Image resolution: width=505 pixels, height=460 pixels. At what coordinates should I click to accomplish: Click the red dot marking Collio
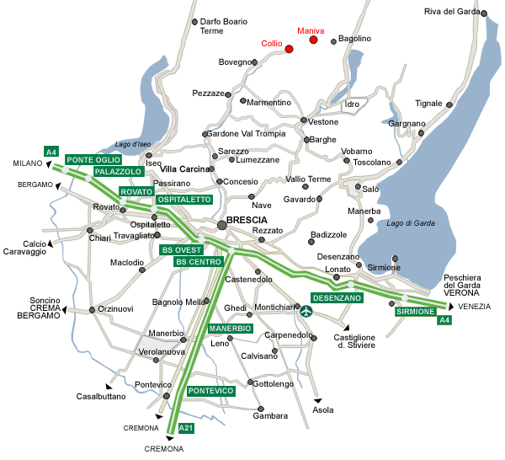289,49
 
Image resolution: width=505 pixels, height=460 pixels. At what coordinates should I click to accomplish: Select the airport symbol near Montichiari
306,312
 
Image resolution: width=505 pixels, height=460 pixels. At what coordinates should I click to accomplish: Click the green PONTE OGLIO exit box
93,160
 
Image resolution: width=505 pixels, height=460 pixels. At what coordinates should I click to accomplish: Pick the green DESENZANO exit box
337,298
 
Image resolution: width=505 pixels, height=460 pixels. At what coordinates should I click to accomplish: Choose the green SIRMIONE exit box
416,312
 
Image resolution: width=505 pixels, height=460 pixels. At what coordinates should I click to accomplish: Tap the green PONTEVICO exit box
210,391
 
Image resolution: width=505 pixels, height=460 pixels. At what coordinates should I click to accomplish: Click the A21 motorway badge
188,429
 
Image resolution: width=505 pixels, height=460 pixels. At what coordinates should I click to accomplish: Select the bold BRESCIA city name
252,220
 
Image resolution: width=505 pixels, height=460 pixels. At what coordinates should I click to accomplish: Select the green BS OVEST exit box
182,250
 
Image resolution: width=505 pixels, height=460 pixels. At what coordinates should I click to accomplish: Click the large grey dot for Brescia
222,224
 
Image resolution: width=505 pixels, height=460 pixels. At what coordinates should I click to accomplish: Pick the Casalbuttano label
101,396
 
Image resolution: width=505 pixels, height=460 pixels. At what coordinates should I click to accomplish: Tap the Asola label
323,410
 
